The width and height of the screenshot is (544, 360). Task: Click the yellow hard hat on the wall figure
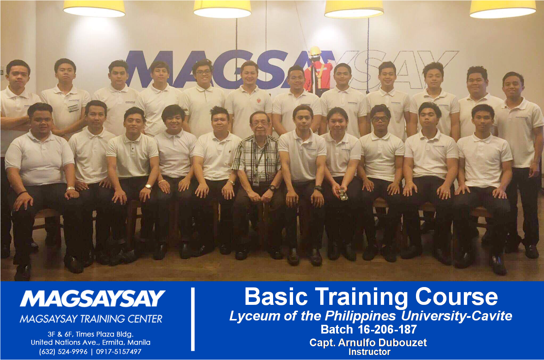coord(315,51)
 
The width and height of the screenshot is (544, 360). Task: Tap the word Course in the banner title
coord(456,297)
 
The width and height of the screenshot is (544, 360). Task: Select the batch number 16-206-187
coord(387,330)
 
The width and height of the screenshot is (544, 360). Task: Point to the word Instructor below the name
coord(370,352)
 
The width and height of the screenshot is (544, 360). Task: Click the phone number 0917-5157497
coord(119,352)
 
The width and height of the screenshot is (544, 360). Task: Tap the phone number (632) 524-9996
coord(63,352)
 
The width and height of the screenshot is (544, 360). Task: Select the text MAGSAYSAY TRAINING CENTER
coord(91,319)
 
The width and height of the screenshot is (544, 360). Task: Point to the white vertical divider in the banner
coord(193,319)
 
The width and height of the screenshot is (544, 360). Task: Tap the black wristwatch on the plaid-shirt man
coord(272,188)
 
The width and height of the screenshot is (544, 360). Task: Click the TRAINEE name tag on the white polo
coord(73,108)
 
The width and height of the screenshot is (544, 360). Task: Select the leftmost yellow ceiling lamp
coord(94,9)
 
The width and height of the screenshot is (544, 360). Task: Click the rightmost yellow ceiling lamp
coord(503,9)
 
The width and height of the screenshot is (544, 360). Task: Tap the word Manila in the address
coord(139,343)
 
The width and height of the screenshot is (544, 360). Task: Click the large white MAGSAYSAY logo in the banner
coord(92,298)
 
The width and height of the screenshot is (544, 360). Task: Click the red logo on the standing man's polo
coord(258,100)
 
